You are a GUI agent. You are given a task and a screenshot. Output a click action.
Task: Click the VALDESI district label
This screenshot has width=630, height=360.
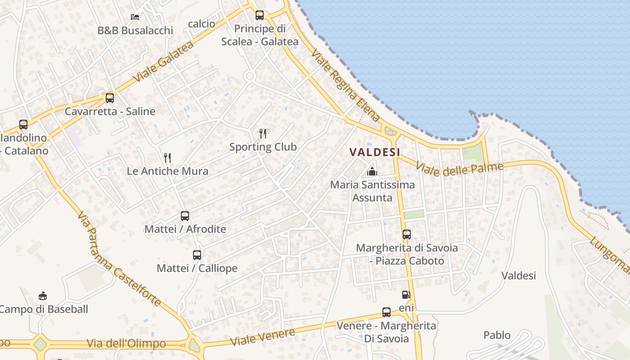tap(375, 152)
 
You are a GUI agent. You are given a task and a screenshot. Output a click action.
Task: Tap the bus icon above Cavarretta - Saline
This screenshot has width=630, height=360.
tap(110, 98)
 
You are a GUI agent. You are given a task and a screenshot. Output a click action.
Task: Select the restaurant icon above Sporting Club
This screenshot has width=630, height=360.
tap(263, 133)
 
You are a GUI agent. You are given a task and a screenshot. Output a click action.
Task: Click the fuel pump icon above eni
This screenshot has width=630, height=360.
tap(406, 295)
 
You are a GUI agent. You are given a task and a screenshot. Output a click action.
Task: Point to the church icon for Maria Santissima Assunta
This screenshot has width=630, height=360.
tap(372, 171)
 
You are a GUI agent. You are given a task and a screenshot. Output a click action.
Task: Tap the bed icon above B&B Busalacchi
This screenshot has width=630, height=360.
tap(135, 17)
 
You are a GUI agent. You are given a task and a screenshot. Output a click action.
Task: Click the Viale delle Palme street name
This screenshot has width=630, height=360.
tap(459, 170)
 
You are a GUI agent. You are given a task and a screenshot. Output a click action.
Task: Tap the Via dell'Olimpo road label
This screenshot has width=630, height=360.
tap(126, 344)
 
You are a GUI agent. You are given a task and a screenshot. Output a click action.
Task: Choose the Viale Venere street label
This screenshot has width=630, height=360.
tap(263, 337)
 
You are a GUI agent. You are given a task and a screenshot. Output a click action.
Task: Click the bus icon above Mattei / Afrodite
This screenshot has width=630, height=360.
tap(185, 216)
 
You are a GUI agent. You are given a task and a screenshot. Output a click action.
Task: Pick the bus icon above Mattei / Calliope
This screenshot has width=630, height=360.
tap(197, 255)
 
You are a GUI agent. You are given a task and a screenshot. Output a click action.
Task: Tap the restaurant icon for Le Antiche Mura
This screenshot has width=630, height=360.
tap(167, 157)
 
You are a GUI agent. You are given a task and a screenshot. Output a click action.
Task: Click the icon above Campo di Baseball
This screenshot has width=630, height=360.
tap(43, 296)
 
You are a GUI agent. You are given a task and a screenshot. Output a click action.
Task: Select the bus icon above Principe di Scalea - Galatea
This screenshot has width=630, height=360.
tap(260, 15)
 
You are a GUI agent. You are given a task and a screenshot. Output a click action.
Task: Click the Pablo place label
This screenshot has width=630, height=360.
tap(497, 335)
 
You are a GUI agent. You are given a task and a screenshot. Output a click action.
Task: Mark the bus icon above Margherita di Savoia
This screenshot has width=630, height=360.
tap(407, 234)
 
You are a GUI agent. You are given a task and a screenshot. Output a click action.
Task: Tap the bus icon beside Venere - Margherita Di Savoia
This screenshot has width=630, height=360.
tap(387, 312)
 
